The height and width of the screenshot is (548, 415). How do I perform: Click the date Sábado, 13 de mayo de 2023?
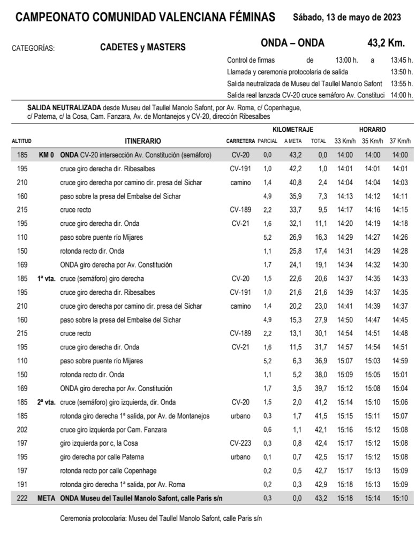[x=347, y=17]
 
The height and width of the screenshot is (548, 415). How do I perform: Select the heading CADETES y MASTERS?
[x=143, y=47]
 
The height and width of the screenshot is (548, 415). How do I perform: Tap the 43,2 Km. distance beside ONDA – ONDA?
[x=382, y=43]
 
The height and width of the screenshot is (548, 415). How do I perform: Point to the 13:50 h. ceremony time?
[x=402, y=72]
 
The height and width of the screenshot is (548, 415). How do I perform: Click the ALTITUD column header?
[x=21, y=141]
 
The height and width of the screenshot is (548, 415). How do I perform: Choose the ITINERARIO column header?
[x=142, y=141]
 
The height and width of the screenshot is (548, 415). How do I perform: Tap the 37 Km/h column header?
[x=400, y=141]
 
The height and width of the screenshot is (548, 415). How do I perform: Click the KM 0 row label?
[x=47, y=155]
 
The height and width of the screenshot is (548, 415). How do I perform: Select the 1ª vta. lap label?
[x=47, y=279]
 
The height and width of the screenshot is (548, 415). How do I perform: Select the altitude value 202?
[x=21, y=430]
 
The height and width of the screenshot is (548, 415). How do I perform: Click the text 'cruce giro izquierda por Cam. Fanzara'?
[x=114, y=430]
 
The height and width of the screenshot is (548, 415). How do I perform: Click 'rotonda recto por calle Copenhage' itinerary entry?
[x=108, y=471]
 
